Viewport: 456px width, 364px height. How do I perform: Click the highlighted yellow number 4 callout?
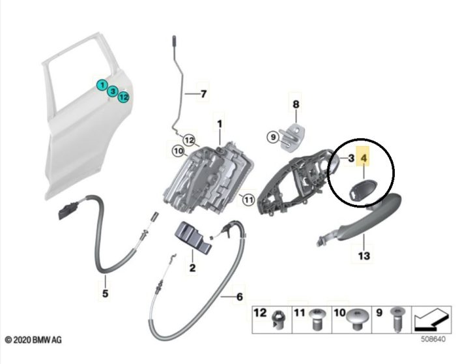click(x=363, y=158)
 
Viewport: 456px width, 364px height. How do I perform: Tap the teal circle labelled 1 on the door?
click(x=102, y=85)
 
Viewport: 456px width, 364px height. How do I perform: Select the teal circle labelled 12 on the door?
click(x=123, y=97)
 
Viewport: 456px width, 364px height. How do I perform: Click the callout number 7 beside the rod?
click(x=203, y=94)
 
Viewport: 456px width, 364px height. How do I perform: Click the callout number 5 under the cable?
click(x=106, y=294)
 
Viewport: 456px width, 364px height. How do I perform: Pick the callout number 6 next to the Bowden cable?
click(x=239, y=297)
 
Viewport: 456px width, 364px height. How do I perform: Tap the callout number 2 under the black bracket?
click(x=193, y=267)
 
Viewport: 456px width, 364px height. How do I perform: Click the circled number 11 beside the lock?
click(x=246, y=199)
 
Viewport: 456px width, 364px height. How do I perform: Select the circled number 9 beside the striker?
click(x=272, y=136)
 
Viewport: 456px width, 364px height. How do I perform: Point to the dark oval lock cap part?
click(x=360, y=191)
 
